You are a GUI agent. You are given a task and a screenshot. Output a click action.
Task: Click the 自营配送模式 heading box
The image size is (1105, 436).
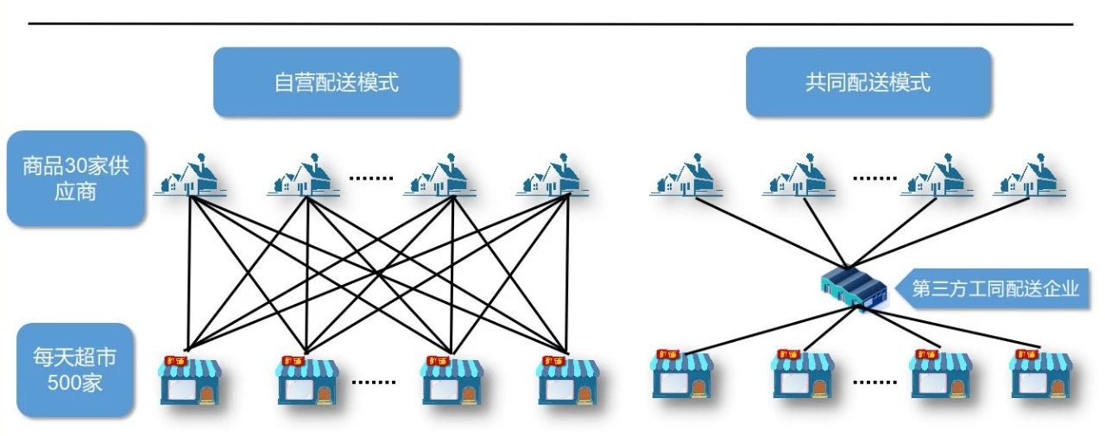336,82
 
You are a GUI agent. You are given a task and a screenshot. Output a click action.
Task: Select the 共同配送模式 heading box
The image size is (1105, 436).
868,82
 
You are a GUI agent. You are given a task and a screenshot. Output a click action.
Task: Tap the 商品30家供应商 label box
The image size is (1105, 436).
74,179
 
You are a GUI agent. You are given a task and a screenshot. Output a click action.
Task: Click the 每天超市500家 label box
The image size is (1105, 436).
74,370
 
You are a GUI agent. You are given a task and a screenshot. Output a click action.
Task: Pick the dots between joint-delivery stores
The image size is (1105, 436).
875,380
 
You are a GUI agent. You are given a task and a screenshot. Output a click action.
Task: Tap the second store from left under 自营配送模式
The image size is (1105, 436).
307,380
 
